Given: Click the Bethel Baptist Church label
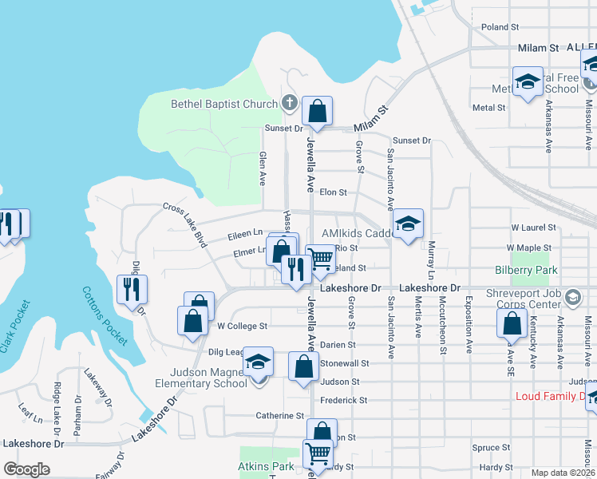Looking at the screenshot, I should [223, 104].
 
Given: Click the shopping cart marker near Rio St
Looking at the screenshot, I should [321, 259].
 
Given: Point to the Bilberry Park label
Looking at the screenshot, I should [526, 271].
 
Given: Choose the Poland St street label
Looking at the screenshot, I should [500, 27].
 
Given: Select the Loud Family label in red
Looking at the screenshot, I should [551, 396].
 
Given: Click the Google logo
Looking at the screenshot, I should [26, 469].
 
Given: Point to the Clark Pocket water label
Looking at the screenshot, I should [17, 327].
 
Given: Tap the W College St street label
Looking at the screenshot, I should [242, 326].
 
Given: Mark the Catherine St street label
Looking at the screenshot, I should [279, 416].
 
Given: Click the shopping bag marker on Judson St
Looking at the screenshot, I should [303, 368].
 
